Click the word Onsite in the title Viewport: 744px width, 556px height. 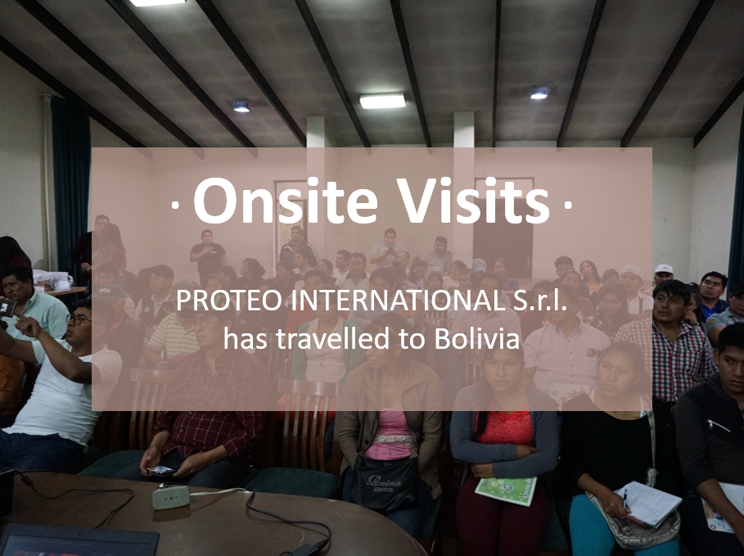286,201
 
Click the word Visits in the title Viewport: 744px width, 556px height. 473,201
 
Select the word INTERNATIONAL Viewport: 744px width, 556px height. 398,301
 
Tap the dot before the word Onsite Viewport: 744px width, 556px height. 175,206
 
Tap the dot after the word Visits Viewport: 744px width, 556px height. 567,206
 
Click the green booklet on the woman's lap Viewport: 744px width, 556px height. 506,490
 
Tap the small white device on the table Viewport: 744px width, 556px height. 170,497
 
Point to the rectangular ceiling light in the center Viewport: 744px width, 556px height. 382,101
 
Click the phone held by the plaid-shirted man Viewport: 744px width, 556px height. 160,471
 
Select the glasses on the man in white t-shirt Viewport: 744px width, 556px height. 79,319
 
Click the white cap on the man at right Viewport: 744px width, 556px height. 663,269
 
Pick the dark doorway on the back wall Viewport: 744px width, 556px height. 503,237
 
